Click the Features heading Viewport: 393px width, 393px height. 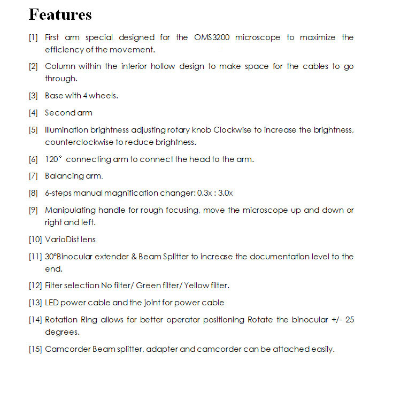pos(60,14)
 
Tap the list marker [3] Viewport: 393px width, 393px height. pos(33,96)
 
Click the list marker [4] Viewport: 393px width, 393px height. pos(33,113)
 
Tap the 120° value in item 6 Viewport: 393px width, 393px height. pos(54,159)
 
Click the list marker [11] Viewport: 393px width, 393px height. pos(35,257)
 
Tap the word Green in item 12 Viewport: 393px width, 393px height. pos(149,286)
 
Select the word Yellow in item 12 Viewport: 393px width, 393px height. pos(195,286)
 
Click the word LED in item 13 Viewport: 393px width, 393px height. pos(52,303)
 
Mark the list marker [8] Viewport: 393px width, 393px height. pos(33,193)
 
